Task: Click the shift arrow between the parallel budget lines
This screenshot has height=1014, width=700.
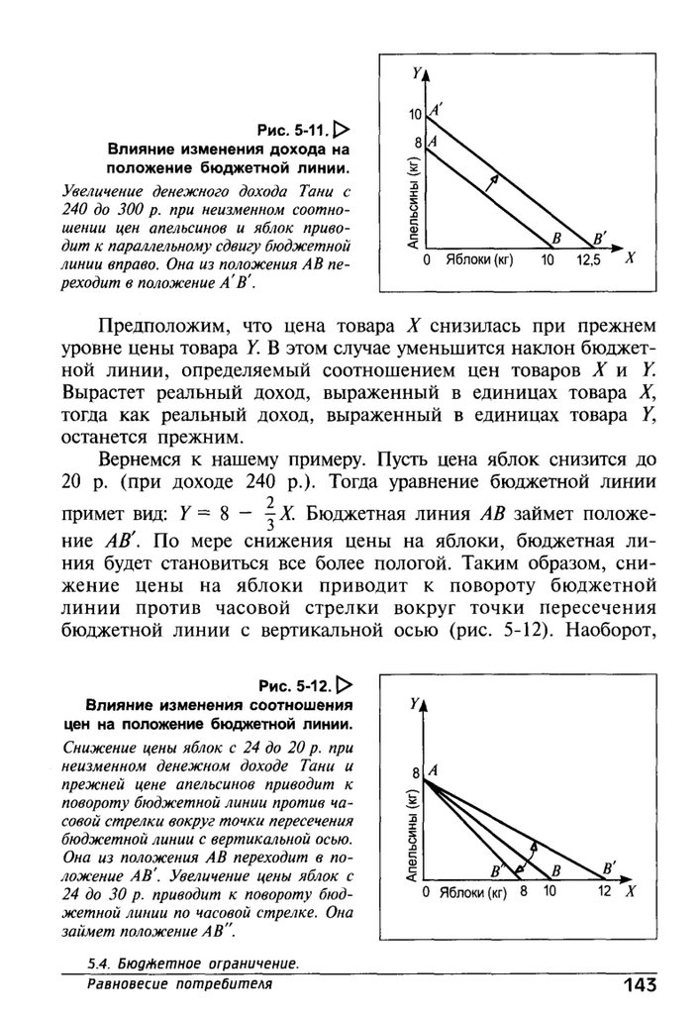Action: [492, 180]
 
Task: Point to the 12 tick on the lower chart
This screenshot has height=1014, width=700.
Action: [605, 891]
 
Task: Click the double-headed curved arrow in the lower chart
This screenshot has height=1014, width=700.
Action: [533, 853]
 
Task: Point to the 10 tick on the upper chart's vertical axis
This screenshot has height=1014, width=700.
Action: [415, 116]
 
